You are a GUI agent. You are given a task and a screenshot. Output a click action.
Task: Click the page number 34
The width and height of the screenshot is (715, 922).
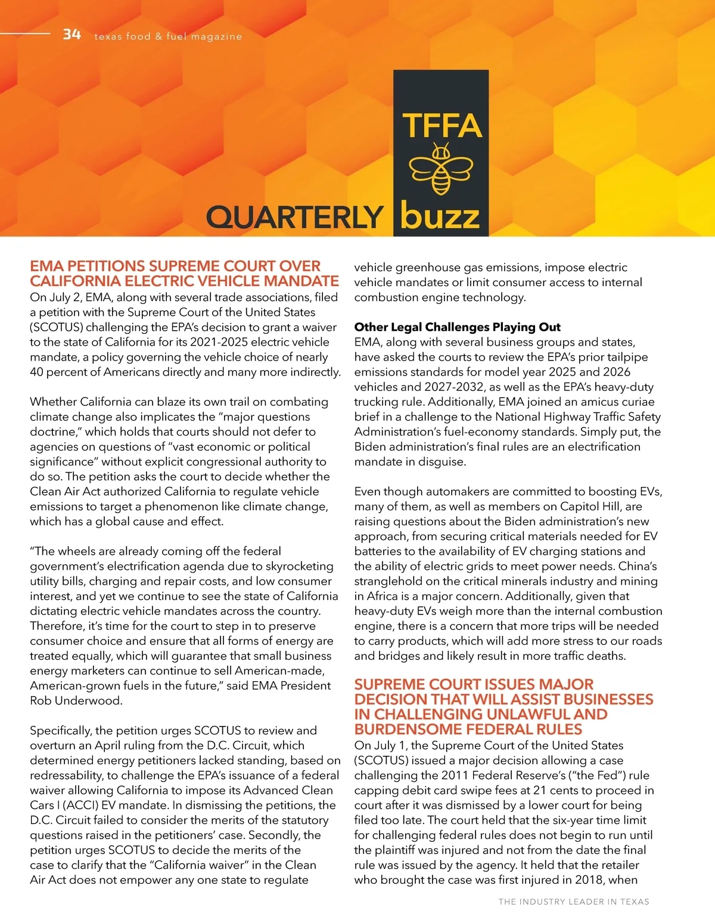coord(71,35)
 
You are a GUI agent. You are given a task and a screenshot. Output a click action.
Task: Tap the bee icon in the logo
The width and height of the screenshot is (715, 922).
coord(440,169)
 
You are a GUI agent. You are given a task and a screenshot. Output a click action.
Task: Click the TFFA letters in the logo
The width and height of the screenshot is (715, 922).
coord(441,126)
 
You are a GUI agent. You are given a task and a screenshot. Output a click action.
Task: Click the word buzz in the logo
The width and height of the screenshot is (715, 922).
coord(440,216)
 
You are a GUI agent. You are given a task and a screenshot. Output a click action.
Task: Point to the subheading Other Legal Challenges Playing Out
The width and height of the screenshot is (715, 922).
coord(457,327)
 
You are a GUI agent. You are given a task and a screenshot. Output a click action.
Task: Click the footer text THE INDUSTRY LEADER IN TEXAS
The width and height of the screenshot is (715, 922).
coord(574,902)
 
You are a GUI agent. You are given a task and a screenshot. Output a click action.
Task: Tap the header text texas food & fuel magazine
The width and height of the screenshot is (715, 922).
coord(168,36)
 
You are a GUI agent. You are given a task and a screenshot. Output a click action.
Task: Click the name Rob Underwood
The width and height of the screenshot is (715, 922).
coord(76,700)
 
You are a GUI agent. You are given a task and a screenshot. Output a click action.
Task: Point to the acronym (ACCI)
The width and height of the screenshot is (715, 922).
coord(85,805)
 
